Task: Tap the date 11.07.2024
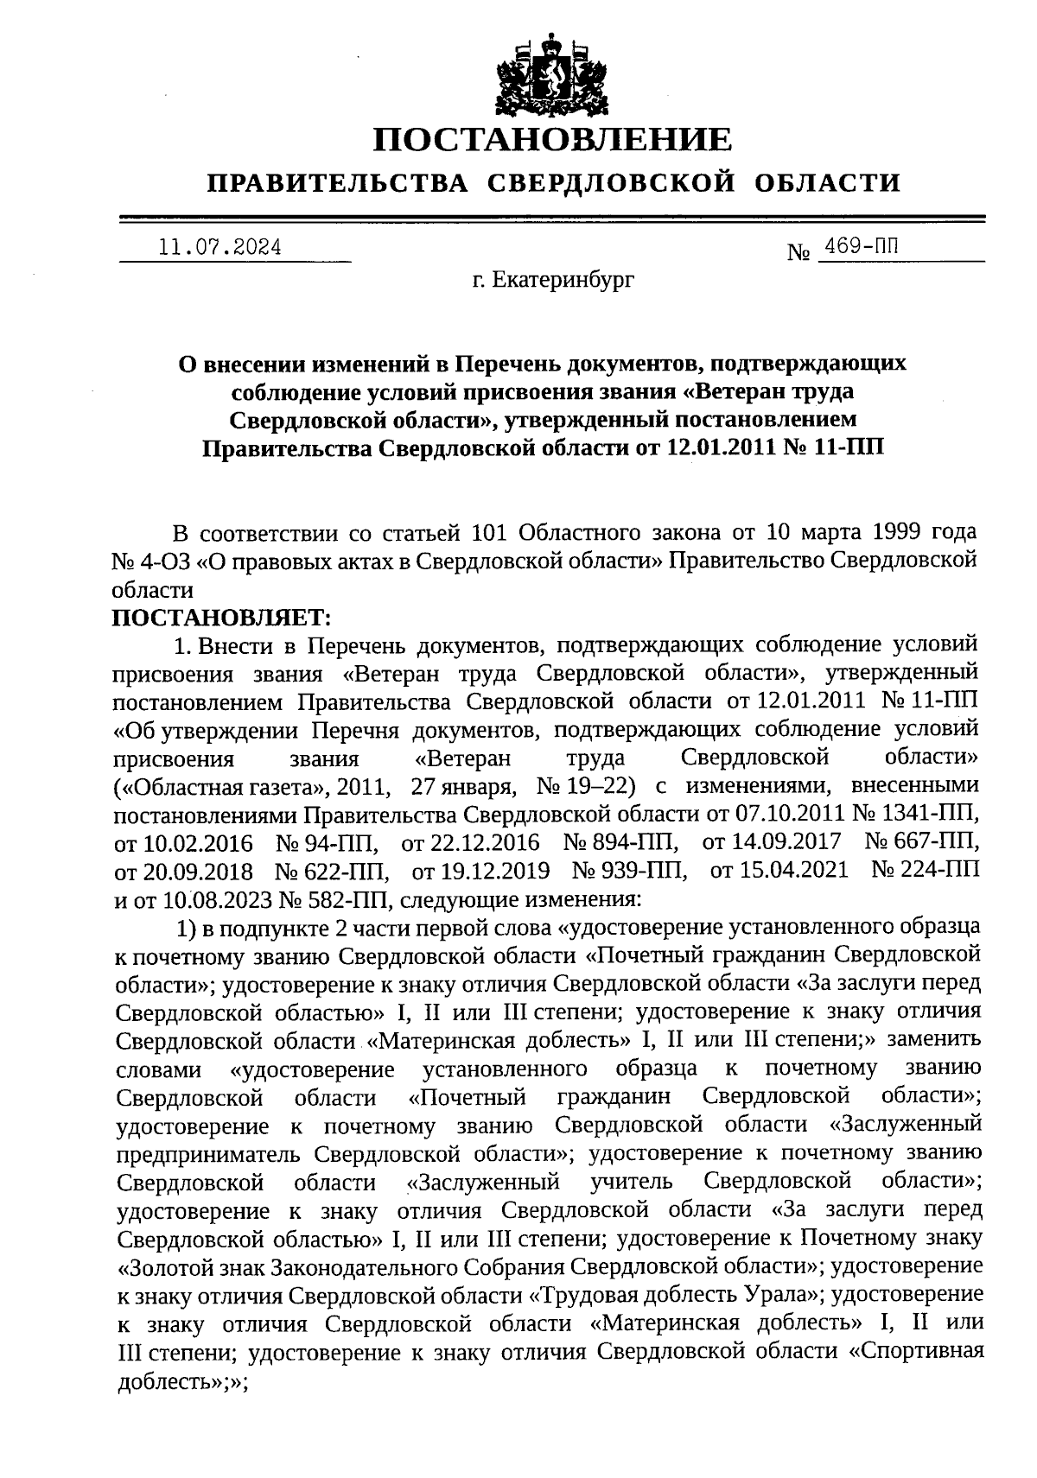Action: click(x=220, y=247)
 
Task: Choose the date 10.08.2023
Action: click(x=217, y=898)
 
